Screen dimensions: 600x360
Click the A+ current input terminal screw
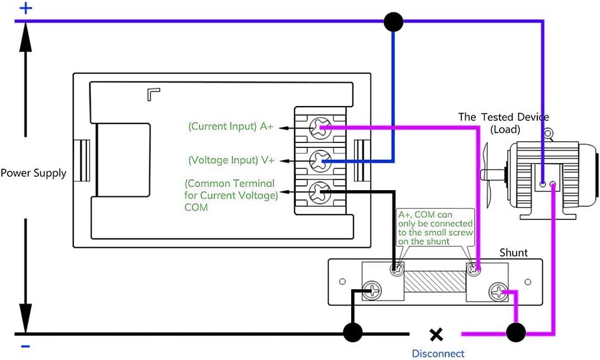click(x=320, y=129)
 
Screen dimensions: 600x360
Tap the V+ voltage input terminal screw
click(x=320, y=161)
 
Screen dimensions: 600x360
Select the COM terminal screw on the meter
click(x=320, y=193)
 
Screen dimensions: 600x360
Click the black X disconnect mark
click(x=436, y=335)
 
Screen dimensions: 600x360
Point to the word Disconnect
click(x=438, y=354)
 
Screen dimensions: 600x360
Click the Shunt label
click(x=513, y=253)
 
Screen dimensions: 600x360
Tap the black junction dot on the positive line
click(x=393, y=21)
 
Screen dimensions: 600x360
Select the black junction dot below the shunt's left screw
click(x=352, y=332)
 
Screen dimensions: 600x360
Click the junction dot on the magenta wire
click(x=516, y=332)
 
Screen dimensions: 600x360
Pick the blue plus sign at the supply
click(x=26, y=8)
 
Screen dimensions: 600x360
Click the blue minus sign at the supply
click(x=25, y=347)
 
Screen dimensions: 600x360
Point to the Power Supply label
click(x=34, y=173)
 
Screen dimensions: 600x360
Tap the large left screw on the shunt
click(x=372, y=291)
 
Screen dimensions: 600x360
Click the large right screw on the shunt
click(x=498, y=292)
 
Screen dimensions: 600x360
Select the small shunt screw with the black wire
click(x=397, y=269)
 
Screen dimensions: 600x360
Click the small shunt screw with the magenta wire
click(x=474, y=270)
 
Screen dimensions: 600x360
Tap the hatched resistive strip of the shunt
click(x=434, y=282)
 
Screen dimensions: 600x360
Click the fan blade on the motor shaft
click(x=486, y=176)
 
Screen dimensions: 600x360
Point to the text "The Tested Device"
click(x=503, y=117)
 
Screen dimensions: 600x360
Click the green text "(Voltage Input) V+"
click(x=231, y=160)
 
